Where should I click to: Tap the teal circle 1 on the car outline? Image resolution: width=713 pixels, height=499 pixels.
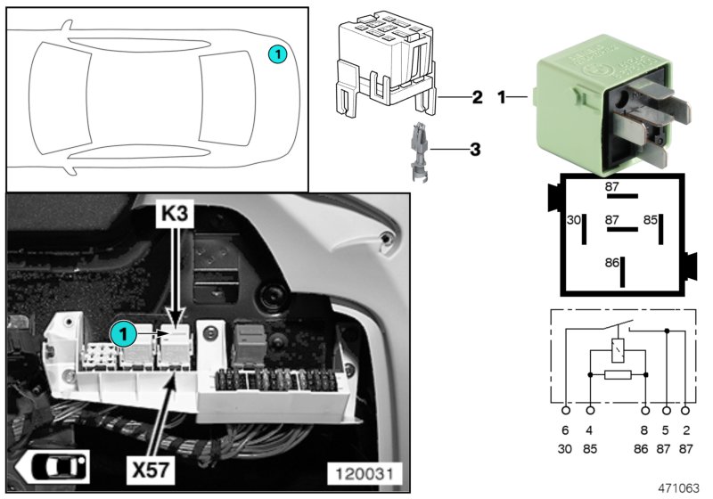tap(278, 54)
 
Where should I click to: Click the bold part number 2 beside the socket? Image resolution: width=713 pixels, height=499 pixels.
tap(477, 96)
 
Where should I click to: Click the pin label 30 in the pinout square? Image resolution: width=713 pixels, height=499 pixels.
tap(574, 219)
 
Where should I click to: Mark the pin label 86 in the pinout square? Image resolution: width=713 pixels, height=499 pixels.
tap(611, 264)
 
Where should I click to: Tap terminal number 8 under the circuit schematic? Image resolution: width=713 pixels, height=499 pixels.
tap(646, 430)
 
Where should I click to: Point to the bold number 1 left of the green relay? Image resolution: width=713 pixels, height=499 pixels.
tap(502, 96)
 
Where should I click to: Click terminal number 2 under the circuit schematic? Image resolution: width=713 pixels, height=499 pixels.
tap(684, 430)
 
